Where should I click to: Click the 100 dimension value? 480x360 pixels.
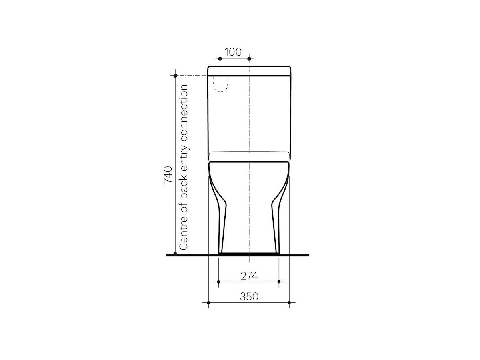(x=233, y=52)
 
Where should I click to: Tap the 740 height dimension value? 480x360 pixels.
(x=168, y=175)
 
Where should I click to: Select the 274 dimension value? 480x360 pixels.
(x=249, y=276)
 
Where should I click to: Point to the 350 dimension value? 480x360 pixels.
(x=249, y=296)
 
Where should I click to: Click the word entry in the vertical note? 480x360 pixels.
(x=184, y=154)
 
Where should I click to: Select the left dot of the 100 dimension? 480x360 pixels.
(x=220, y=59)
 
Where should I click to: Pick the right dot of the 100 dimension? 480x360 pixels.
(x=249, y=59)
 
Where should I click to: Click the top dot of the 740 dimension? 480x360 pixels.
(x=175, y=75)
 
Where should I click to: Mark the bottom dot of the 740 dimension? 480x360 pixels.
(x=175, y=254)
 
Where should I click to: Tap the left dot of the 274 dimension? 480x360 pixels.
(x=219, y=282)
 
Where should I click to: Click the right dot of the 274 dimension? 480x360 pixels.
(x=279, y=282)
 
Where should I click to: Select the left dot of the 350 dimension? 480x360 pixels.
(x=208, y=302)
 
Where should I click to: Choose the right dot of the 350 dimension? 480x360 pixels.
(x=289, y=302)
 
